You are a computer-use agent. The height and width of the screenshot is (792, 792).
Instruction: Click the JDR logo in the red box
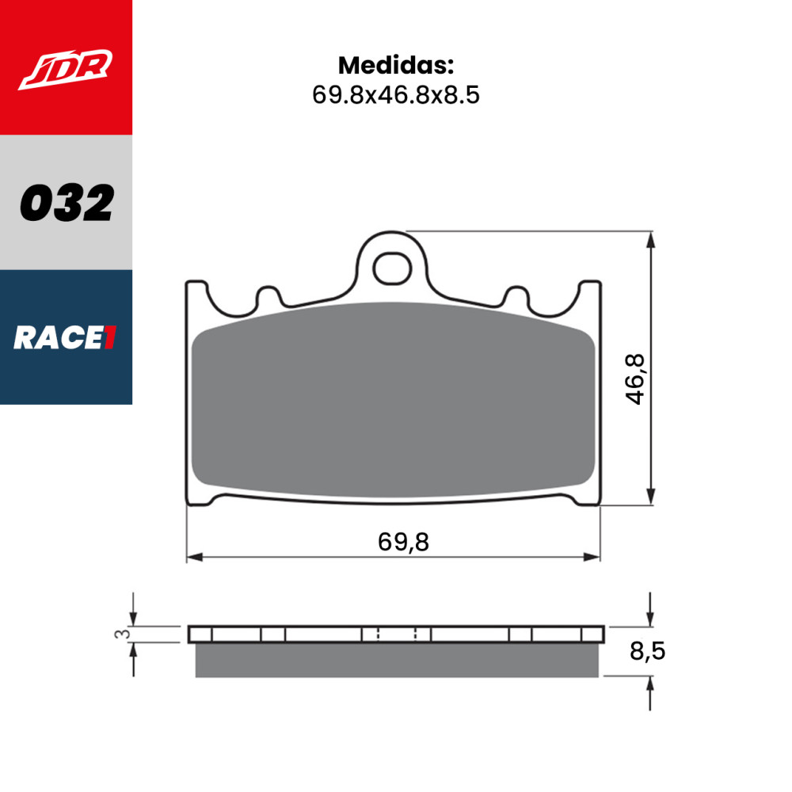(x=66, y=70)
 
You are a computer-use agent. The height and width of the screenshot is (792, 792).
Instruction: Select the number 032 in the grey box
(x=66, y=204)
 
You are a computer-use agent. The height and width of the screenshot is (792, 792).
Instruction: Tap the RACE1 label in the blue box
(x=66, y=338)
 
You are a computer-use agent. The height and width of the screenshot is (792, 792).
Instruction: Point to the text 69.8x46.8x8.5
(x=396, y=95)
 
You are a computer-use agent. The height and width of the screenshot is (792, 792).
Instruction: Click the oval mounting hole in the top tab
(x=389, y=268)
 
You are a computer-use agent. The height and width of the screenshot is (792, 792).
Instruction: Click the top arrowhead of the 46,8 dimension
(x=650, y=238)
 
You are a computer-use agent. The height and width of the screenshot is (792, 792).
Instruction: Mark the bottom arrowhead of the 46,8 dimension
(x=650, y=497)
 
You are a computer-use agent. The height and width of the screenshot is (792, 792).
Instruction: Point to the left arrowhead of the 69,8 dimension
(x=192, y=557)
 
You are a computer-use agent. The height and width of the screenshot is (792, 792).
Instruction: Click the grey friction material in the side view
(x=396, y=661)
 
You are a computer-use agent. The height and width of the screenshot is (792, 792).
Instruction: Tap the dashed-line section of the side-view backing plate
(x=396, y=634)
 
